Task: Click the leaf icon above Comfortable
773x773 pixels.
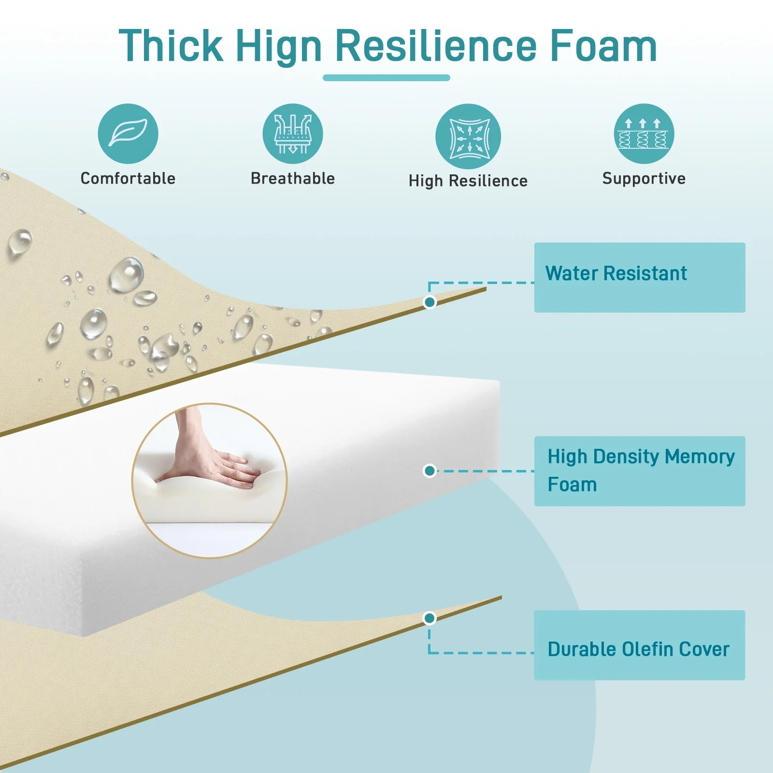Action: point(128,134)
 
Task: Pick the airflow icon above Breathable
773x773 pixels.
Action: point(293,134)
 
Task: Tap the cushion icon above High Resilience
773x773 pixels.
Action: point(468,136)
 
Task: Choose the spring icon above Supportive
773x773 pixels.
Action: point(644,134)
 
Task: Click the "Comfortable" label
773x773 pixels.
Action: point(128,178)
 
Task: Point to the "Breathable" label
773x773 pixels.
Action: point(293,178)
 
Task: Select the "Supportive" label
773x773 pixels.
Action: point(644,179)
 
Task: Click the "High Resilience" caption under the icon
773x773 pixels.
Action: point(468,181)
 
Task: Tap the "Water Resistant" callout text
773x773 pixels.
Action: point(616,273)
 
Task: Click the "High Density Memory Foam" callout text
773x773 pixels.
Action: point(641,470)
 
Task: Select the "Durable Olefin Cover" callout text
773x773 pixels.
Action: point(638,649)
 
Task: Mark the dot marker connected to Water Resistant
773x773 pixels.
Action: point(429,302)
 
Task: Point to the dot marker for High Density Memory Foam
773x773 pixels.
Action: point(429,471)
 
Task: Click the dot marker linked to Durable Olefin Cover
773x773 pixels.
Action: point(429,618)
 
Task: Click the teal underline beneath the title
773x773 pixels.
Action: point(386,78)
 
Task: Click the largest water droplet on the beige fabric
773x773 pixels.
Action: point(127,274)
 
